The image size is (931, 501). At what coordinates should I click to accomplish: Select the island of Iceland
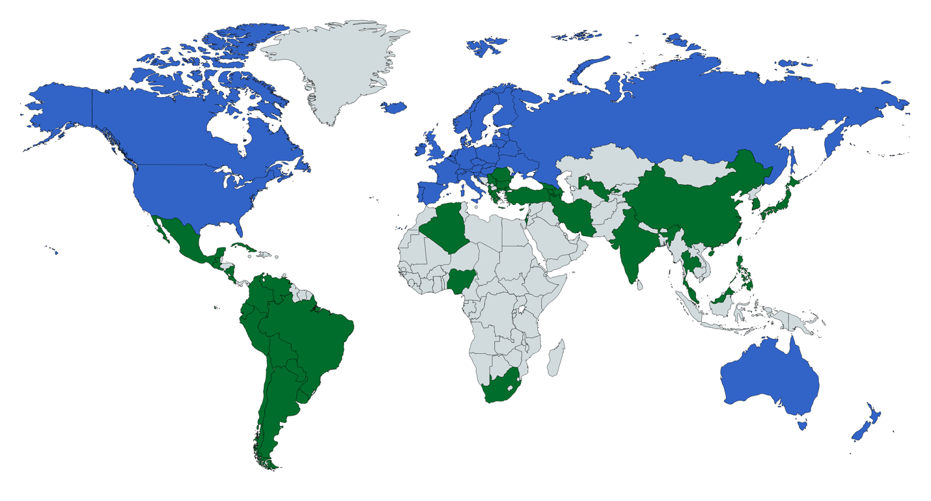tap(394, 107)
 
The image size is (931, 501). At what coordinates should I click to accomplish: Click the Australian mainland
tap(768, 377)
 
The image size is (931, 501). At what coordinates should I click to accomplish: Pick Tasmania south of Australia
tap(802, 425)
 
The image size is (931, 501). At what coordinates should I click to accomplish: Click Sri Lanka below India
tap(641, 284)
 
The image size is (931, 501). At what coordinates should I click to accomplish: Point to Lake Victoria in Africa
tap(521, 311)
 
